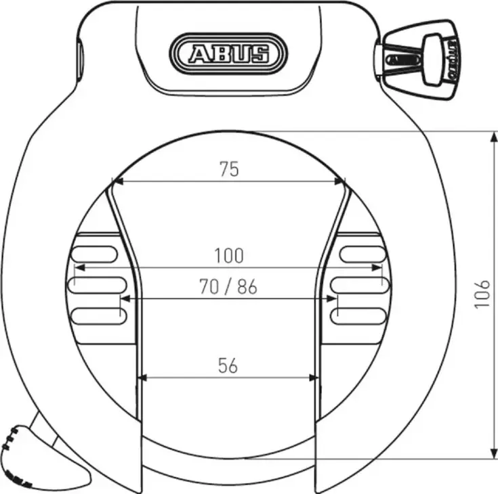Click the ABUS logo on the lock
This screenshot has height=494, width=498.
click(228, 52)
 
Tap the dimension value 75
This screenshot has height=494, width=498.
click(229, 169)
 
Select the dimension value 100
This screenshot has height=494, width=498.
click(228, 256)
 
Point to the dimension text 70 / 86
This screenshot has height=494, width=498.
click(228, 287)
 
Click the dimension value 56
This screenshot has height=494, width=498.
click(228, 366)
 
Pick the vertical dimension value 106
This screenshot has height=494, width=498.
click(482, 294)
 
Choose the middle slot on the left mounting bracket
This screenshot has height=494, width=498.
click(96, 284)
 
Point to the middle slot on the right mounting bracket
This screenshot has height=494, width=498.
click(359, 284)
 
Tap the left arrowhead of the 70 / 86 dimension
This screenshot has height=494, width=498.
click(125, 298)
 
